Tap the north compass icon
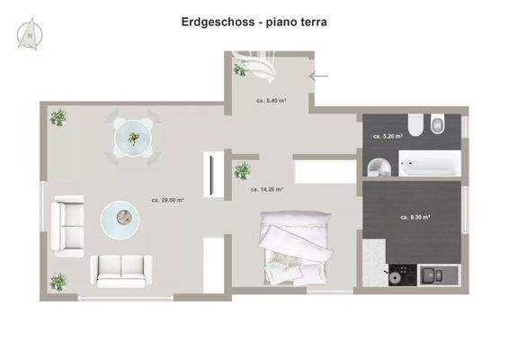[30, 33]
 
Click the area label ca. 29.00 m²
[167, 200]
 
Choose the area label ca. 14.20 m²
[266, 190]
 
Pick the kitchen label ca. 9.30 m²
[415, 217]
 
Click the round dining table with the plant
[133, 138]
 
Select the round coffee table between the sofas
[120, 217]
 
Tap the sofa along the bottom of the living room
[121, 270]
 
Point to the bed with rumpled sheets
[290, 247]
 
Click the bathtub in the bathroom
[428, 166]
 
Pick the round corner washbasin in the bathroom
[378, 166]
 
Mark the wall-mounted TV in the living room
[211, 175]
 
